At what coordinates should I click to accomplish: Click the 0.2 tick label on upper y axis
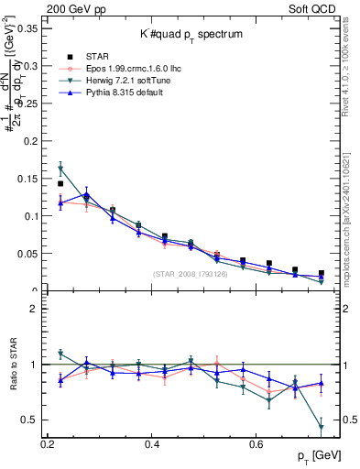[x=31, y=141]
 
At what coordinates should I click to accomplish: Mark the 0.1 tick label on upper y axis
[x=31, y=216]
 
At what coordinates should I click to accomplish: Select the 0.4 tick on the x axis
[x=152, y=444]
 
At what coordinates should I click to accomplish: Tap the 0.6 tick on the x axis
[x=256, y=444]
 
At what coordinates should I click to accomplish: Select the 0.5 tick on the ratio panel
[x=31, y=420]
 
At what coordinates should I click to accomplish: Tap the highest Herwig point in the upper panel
[x=60, y=169]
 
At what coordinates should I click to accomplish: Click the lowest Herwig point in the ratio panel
[x=322, y=428]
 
